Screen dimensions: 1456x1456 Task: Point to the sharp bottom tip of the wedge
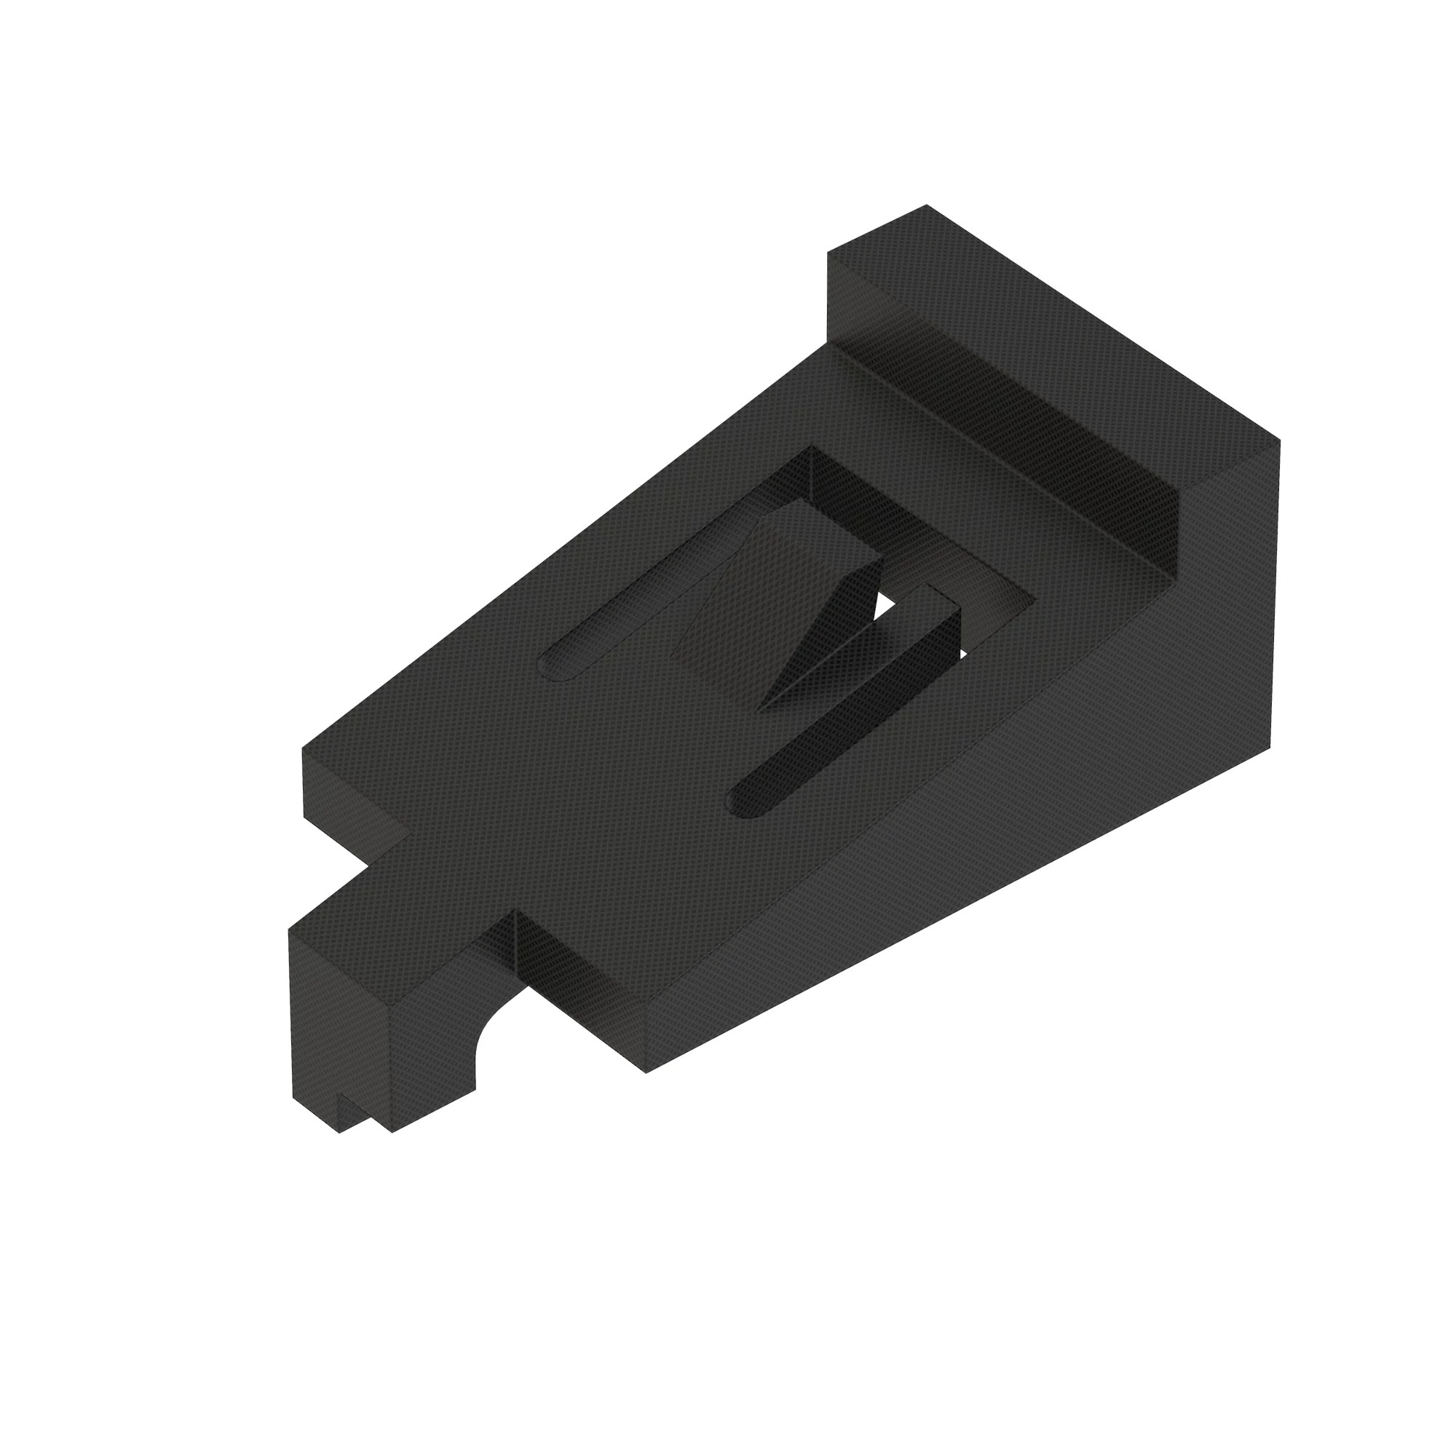click(761, 708)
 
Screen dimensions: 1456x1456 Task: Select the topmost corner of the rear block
click(926, 205)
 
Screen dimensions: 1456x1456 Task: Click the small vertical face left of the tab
click(355, 814)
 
